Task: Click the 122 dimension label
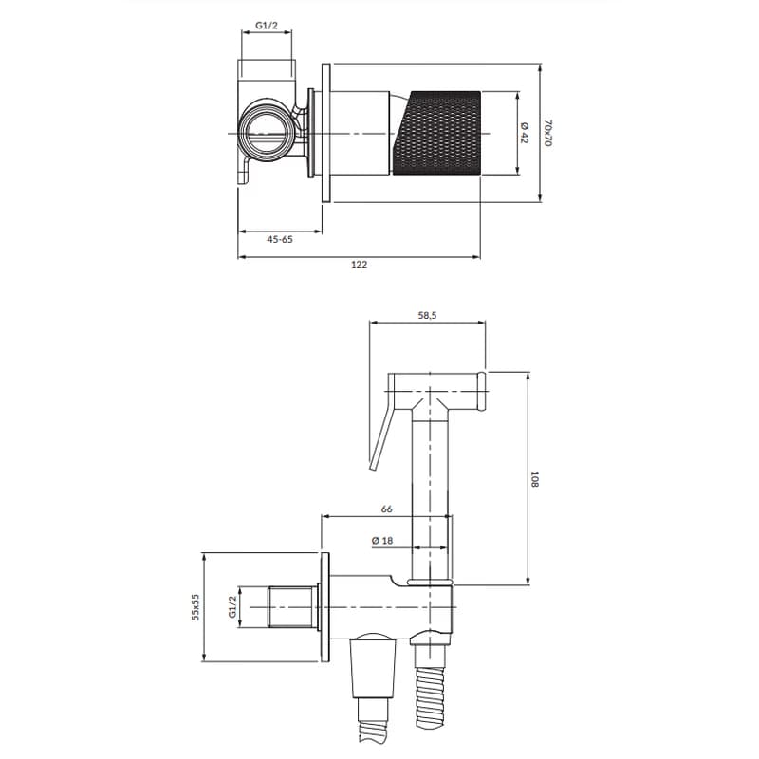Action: coord(359,265)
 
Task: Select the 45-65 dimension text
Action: coord(279,239)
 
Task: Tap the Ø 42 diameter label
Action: coord(525,133)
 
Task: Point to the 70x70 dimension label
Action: coord(547,133)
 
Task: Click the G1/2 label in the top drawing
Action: coord(267,26)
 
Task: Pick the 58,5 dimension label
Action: coord(428,315)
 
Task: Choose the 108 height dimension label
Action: coord(534,479)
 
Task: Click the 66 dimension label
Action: coord(386,509)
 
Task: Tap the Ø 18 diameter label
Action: coord(382,541)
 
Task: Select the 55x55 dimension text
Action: coord(195,607)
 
